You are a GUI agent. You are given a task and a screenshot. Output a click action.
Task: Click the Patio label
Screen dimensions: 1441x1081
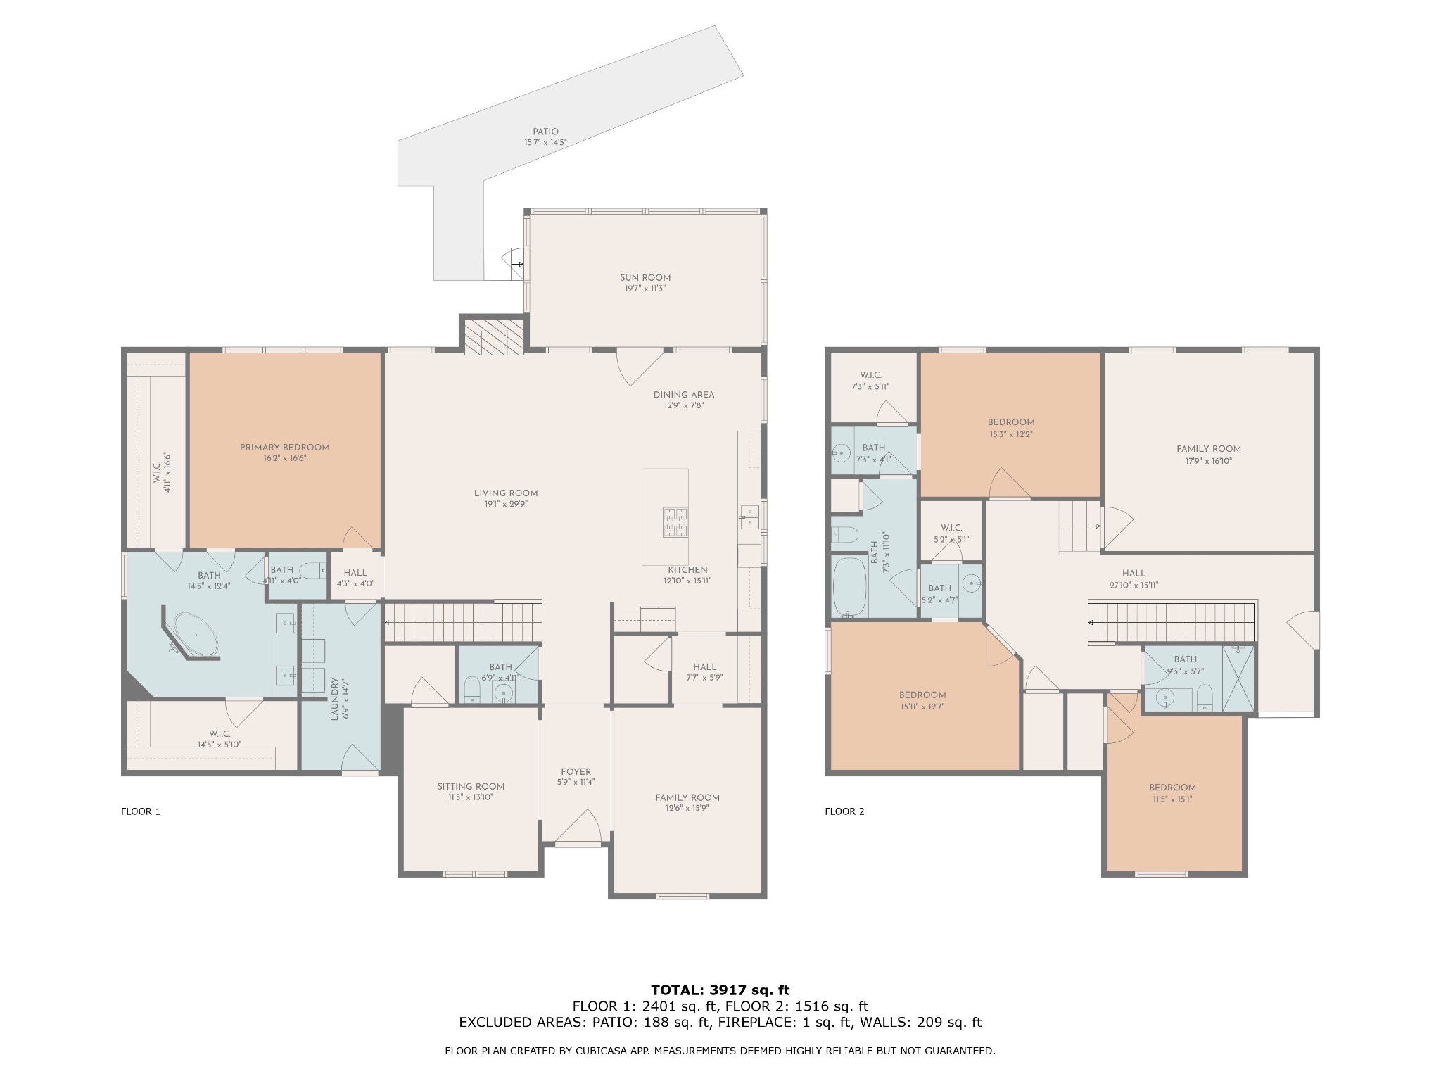(x=545, y=132)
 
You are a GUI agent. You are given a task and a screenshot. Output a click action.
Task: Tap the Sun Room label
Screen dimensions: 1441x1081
(x=645, y=277)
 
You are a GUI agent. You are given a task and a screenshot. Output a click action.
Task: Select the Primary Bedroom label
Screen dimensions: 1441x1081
(x=284, y=448)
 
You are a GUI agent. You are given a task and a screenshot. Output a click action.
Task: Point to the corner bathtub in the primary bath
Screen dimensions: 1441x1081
(x=196, y=635)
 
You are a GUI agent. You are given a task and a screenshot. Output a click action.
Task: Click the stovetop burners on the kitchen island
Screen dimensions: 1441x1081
(x=675, y=521)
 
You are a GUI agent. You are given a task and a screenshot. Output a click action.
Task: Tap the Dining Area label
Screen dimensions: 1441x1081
(x=684, y=395)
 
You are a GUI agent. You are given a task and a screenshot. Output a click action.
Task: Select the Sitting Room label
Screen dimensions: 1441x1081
(x=471, y=787)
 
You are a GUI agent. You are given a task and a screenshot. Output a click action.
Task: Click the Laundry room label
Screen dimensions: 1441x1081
(x=335, y=700)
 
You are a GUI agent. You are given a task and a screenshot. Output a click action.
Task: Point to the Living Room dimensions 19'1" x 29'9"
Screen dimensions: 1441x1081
(x=506, y=504)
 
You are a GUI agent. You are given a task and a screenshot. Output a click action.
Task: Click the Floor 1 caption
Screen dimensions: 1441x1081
(x=141, y=811)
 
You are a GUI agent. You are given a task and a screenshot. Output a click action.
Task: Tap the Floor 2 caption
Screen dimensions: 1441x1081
(x=844, y=811)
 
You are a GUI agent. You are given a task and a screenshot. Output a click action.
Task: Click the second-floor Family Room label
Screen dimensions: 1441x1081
(x=1208, y=449)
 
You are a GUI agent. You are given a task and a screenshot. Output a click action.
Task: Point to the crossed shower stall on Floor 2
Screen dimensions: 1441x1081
(x=1238, y=678)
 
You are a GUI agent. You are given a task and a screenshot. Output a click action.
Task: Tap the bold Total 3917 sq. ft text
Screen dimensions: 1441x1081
(x=720, y=991)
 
